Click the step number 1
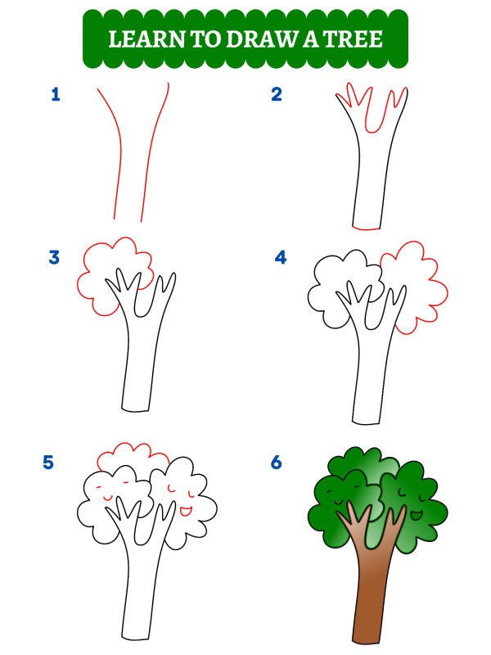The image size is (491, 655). coord(56,95)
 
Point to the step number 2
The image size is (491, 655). coord(277,95)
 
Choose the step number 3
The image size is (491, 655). coord(55,258)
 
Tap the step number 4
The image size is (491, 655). coord(281,258)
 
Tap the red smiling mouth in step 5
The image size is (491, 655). coord(186,511)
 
